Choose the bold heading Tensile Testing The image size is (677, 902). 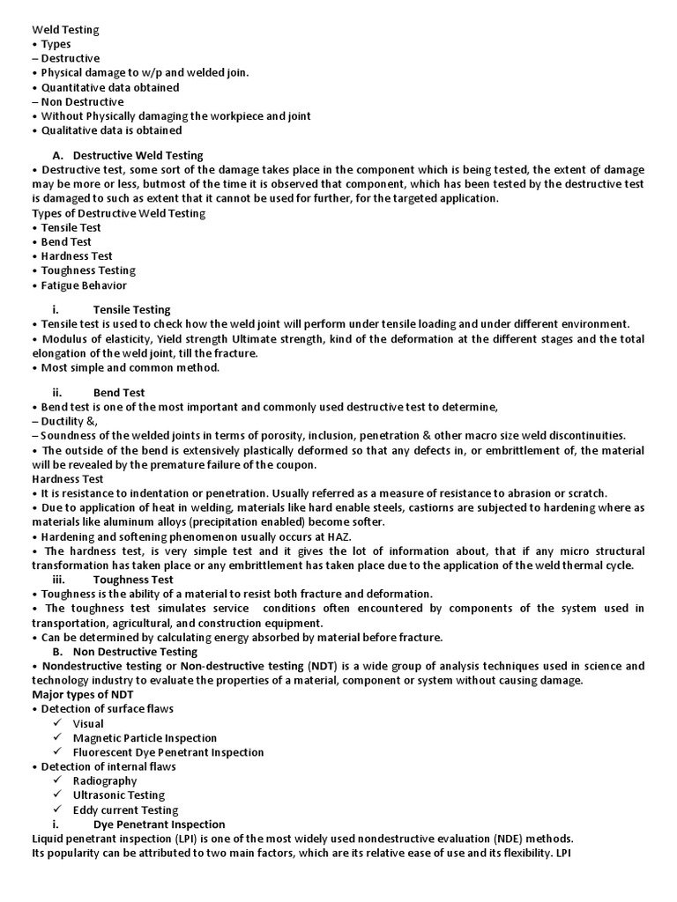pyautogui.click(x=132, y=309)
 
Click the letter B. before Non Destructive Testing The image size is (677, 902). pyautogui.click(x=57, y=651)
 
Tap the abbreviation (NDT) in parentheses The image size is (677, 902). pyautogui.click(x=322, y=666)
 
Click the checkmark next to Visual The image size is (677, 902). pyautogui.click(x=57, y=724)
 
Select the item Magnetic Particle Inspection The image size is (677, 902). pyautogui.click(x=145, y=738)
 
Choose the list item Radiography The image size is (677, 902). pyautogui.click(x=105, y=781)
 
